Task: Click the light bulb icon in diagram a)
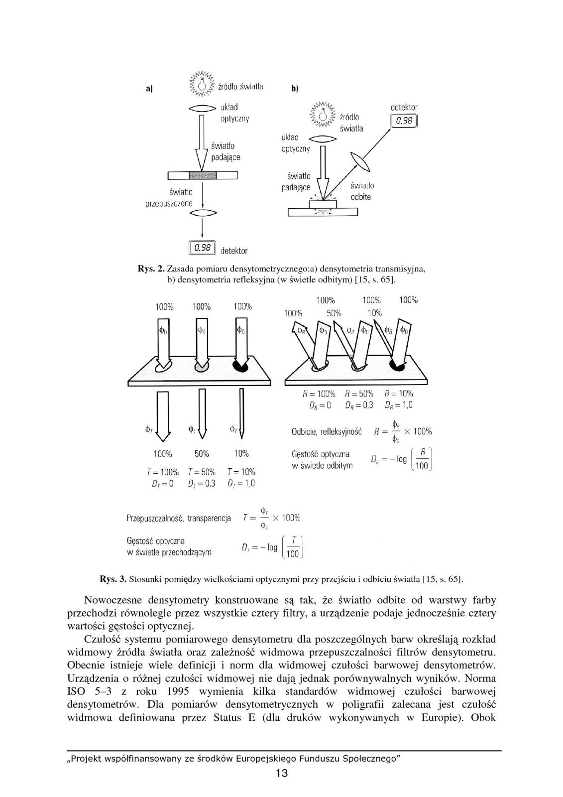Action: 202,84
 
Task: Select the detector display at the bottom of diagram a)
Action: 202,248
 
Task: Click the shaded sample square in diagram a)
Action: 203,175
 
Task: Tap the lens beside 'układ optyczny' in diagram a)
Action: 202,108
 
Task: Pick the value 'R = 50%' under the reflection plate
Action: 359,393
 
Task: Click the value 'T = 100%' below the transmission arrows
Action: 162,472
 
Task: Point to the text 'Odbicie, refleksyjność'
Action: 327,432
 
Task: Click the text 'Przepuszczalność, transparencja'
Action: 179,518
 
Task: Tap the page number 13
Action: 281,773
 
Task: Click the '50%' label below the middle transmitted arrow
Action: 201,454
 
